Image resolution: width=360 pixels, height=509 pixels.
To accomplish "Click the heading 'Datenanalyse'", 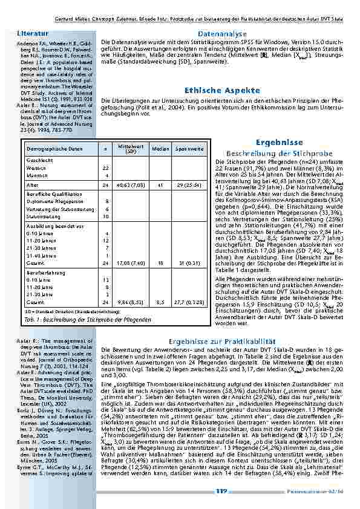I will (x=222, y=34).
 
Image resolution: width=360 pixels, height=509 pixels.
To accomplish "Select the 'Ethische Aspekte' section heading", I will (x=222, y=89).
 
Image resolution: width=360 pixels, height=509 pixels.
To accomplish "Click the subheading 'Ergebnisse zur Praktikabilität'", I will (x=222, y=342).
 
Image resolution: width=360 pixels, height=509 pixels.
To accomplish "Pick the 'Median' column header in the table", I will (x=160, y=148).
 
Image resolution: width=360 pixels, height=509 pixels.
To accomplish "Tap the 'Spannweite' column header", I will (x=189, y=148).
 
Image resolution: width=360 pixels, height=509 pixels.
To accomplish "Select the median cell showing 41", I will (x=160, y=184).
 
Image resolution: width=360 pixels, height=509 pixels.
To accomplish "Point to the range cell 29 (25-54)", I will (x=189, y=184).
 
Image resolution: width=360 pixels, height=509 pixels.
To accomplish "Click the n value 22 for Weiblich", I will (x=105, y=167).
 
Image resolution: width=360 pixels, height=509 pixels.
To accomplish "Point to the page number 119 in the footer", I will (x=221, y=491).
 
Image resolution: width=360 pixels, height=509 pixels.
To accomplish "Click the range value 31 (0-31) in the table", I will (x=189, y=263).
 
